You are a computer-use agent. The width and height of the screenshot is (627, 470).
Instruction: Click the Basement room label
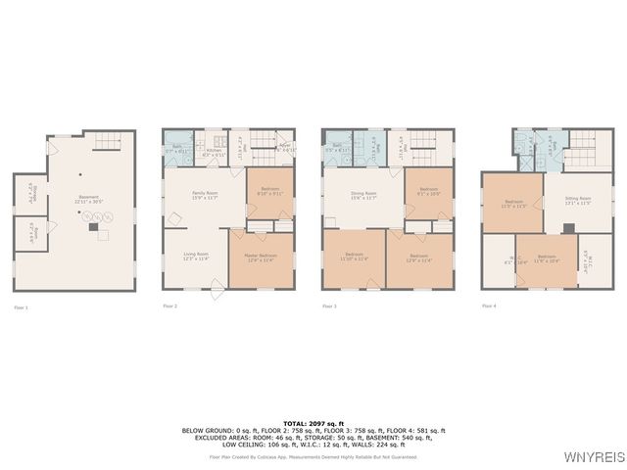tap(89, 199)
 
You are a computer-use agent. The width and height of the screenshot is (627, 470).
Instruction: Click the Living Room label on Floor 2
tap(196, 257)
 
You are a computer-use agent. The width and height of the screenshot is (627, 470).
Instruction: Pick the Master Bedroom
tap(260, 259)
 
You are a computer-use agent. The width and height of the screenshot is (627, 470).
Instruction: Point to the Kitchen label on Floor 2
tap(213, 153)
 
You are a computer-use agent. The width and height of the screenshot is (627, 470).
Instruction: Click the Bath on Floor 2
tap(177, 151)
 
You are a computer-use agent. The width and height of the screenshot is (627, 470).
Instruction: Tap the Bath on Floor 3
tap(337, 147)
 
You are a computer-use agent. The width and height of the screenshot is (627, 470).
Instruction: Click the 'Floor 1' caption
tap(21, 307)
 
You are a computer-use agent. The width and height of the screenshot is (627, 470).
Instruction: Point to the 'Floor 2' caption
tap(170, 306)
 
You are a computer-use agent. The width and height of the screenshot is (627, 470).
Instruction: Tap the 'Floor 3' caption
tap(329, 306)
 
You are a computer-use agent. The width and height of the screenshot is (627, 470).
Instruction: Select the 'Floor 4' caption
tap(489, 306)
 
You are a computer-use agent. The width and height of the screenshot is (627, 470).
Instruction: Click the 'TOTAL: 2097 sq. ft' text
tap(313, 423)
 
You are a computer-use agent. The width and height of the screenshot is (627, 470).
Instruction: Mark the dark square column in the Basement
tap(93, 226)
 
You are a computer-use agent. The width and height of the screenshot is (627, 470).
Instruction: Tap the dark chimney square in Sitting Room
tap(568, 228)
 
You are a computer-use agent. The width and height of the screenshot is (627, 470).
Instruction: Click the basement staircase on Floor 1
tap(106, 146)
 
